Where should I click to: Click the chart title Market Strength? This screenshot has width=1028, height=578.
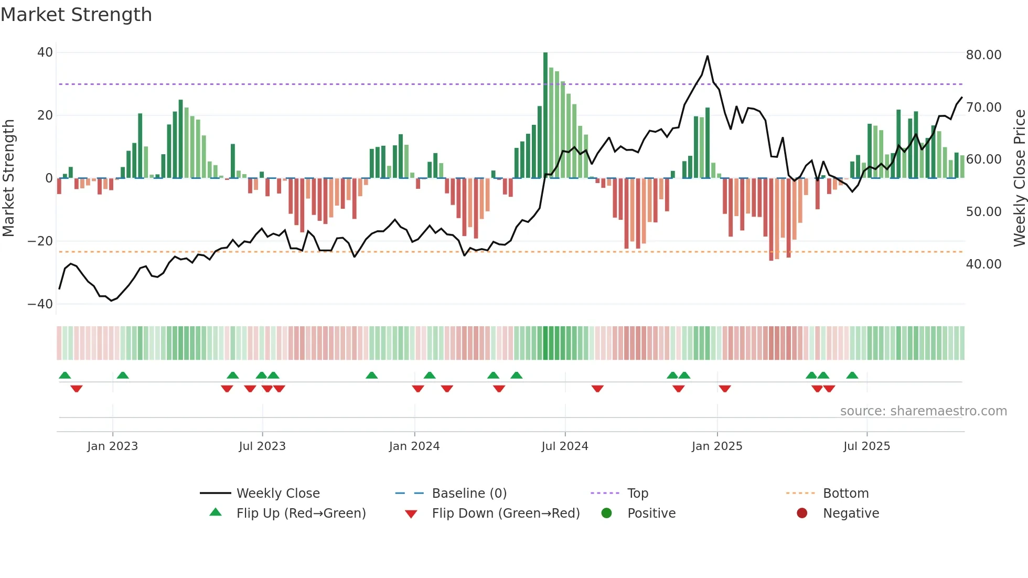coord(76,15)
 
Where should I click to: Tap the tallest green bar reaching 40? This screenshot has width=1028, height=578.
coord(545,115)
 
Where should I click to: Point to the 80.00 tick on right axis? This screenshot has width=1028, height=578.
coord(983,55)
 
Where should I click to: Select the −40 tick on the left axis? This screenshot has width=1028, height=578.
coord(40,304)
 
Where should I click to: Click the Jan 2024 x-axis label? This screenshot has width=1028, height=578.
coord(414,446)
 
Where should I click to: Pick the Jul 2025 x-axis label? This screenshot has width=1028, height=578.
coord(866,446)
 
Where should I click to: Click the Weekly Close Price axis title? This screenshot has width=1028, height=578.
coord(1019,178)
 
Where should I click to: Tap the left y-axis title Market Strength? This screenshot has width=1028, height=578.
coord(9,178)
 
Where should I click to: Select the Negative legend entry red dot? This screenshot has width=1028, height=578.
coord(802,513)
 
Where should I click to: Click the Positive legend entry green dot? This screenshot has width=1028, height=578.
coord(607,513)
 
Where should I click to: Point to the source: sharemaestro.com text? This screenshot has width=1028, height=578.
coord(923,411)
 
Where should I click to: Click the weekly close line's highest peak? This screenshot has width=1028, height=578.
coord(708,56)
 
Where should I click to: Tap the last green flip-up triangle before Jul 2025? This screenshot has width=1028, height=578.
coord(852,376)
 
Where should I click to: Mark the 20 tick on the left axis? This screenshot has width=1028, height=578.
coord(45,115)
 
